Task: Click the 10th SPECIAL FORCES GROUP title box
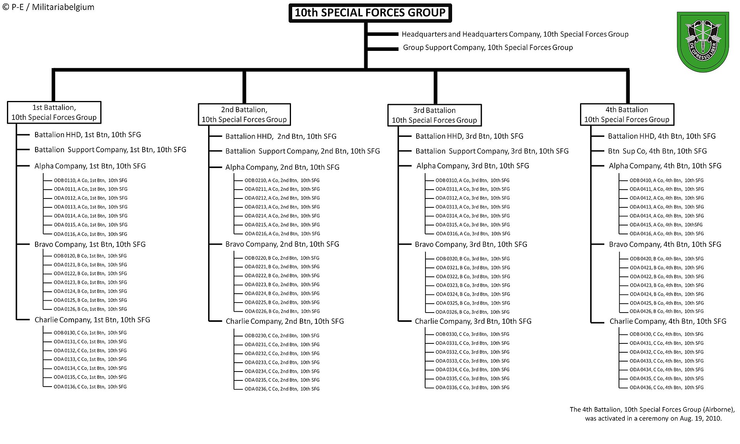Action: [x=370, y=13]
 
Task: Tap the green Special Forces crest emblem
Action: [x=703, y=42]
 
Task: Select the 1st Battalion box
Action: [x=54, y=113]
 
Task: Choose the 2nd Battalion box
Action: [x=244, y=114]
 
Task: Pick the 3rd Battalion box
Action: [x=434, y=115]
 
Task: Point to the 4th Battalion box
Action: [x=627, y=114]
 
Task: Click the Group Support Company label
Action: [x=488, y=47]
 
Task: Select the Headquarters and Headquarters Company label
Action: [x=515, y=34]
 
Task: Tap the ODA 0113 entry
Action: [x=91, y=207]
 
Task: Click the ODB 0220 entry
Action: [x=282, y=258]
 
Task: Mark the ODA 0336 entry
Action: [x=473, y=387]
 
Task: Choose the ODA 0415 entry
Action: [x=666, y=225]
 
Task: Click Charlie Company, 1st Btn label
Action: [x=92, y=320]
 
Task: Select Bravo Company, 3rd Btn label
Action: [x=471, y=244]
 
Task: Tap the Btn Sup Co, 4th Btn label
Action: [x=658, y=151]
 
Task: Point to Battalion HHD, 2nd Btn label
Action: [x=281, y=136]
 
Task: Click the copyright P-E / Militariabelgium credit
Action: [x=48, y=7]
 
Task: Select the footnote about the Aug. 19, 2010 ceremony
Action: [x=653, y=414]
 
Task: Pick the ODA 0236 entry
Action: [x=282, y=389]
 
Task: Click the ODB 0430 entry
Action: [x=666, y=334]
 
